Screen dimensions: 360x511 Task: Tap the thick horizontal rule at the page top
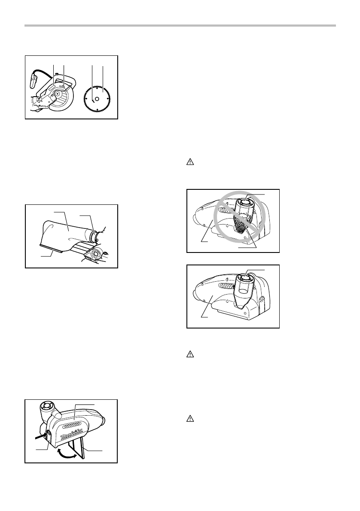point(180,26)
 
